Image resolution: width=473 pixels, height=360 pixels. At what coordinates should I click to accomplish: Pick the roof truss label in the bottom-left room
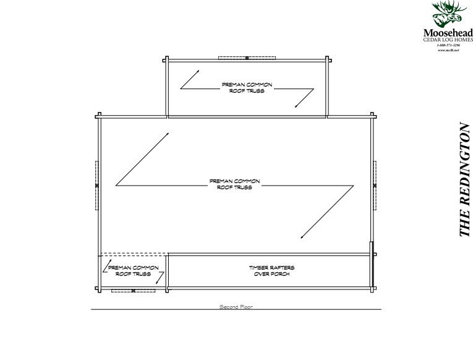click(x=133, y=271)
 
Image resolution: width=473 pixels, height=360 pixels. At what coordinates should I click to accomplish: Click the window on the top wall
click(x=247, y=58)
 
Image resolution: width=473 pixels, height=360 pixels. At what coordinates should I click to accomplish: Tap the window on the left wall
click(x=97, y=185)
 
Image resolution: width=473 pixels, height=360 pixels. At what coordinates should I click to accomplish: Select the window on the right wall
click(x=375, y=185)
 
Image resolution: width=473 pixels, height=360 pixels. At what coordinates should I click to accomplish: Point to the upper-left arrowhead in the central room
click(x=168, y=132)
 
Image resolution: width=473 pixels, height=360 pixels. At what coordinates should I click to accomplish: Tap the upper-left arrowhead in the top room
click(x=198, y=70)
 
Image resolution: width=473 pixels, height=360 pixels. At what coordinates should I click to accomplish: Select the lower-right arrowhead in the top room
click(x=296, y=106)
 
